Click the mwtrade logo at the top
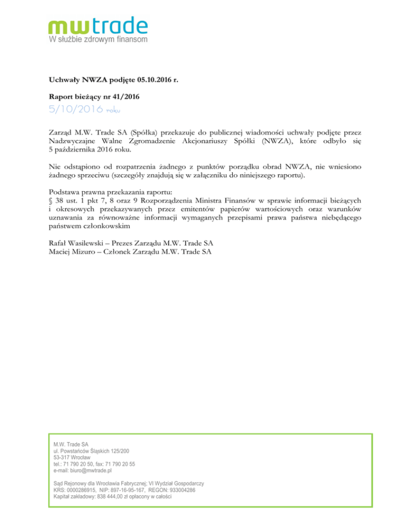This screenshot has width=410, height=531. (98, 26)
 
